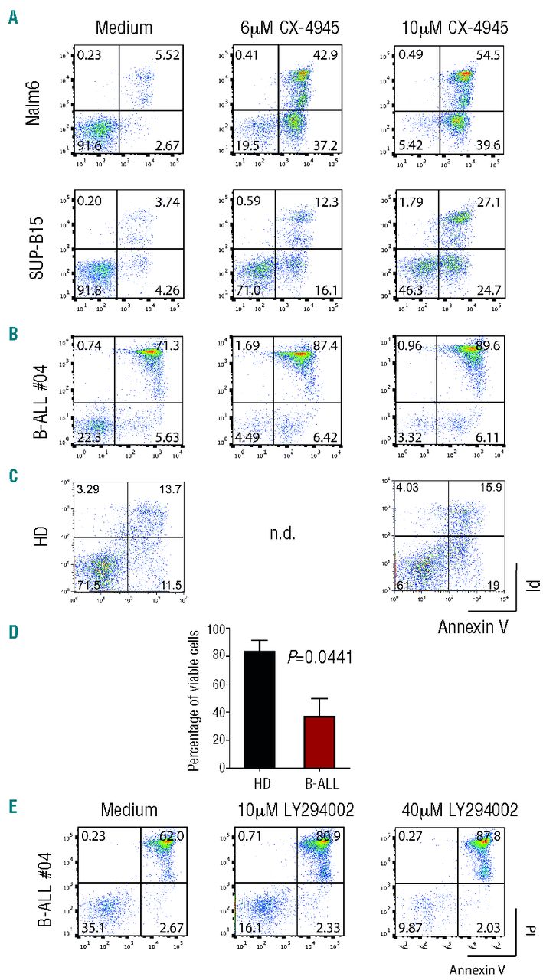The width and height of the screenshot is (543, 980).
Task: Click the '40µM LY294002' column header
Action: click(444, 811)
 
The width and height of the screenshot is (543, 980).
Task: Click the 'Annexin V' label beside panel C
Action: click(469, 627)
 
